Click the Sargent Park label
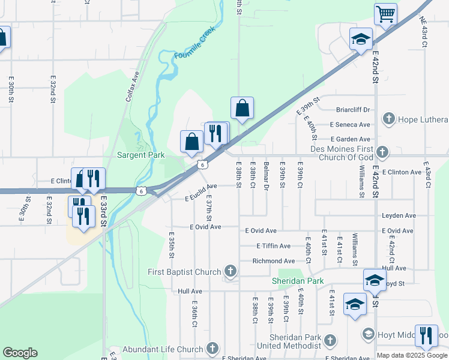tap(141, 155)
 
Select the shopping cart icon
tap(385, 13)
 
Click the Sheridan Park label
tap(298, 281)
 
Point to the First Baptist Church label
tap(185, 272)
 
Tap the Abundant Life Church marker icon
tap(211, 349)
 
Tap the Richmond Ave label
tap(274, 261)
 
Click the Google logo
tap(20, 353)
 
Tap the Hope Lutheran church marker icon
tap(388, 119)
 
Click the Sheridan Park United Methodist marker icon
tap(329, 341)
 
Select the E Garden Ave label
tap(350, 139)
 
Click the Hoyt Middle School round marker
tap(369, 334)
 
